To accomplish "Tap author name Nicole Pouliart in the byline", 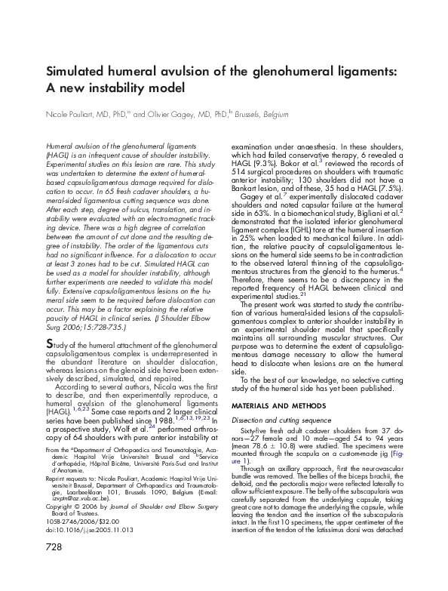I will pos(73,114).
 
